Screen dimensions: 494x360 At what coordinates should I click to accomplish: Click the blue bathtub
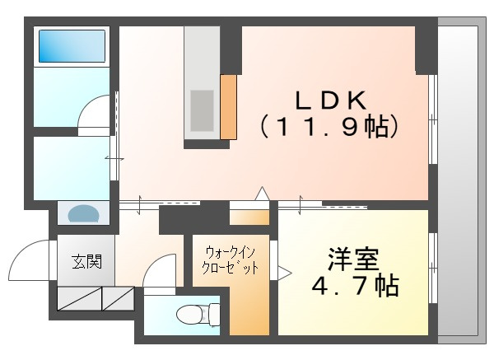[x=72, y=46]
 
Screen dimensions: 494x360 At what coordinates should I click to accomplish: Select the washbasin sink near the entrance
[x=83, y=213]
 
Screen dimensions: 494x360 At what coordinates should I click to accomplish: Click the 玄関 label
[x=86, y=262]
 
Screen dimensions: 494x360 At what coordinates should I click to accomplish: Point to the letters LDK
[x=331, y=101]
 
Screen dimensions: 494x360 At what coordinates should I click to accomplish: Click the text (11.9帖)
[x=329, y=127]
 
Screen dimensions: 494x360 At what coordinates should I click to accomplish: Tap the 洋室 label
[x=353, y=259]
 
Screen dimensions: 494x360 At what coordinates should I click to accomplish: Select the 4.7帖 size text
[x=356, y=286]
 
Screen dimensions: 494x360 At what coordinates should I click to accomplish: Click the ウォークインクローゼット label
[x=230, y=260]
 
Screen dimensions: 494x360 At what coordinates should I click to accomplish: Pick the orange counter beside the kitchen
[x=228, y=107]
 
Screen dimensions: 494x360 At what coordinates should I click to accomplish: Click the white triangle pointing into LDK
[x=262, y=194]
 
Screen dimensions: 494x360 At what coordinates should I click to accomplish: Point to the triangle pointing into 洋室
[x=284, y=273]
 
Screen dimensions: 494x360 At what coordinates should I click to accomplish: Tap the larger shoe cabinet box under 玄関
[x=79, y=298]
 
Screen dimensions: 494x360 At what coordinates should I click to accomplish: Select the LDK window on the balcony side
[x=433, y=119]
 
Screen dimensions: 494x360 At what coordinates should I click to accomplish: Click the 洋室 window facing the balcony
[x=433, y=268]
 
